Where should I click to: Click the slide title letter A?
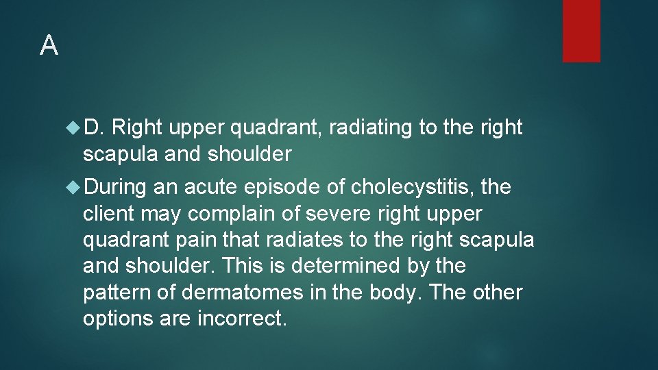pos(49,45)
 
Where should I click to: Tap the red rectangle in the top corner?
pos(581,31)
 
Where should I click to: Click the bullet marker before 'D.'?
pos(74,127)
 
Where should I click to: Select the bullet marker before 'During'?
pos(74,187)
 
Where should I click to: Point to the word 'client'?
pos(108,214)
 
